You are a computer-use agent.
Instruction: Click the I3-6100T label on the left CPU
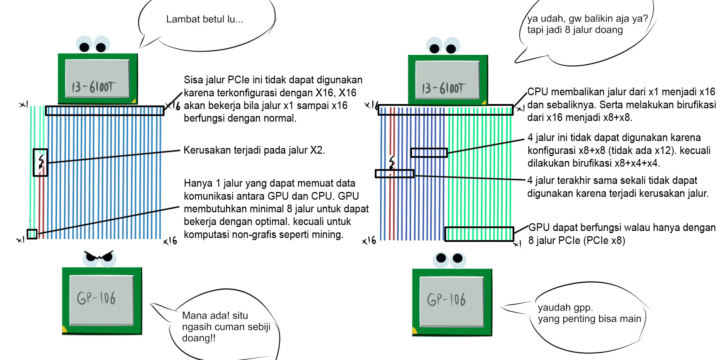[x=93, y=87]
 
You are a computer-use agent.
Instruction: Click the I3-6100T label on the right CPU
[x=444, y=88]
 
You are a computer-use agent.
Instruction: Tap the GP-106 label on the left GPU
[x=96, y=298]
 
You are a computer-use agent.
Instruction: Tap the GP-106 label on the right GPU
[x=446, y=300]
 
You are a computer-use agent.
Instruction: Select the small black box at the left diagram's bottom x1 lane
[x=32, y=234]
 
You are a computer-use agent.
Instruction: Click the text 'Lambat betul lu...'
[x=205, y=19]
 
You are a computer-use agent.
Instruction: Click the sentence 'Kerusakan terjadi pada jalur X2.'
[x=254, y=150]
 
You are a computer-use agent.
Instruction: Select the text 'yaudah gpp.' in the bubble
[x=565, y=308]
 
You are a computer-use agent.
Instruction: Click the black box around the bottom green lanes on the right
[x=479, y=234]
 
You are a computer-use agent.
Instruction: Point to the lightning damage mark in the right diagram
[x=392, y=163]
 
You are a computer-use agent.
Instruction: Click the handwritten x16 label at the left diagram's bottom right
[x=170, y=241]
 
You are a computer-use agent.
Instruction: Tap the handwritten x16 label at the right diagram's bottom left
[x=369, y=241]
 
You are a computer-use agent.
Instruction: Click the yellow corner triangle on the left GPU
[x=65, y=330]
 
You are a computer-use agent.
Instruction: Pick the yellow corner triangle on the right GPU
[x=415, y=330]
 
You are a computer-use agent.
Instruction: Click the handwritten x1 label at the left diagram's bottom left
[x=21, y=240]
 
